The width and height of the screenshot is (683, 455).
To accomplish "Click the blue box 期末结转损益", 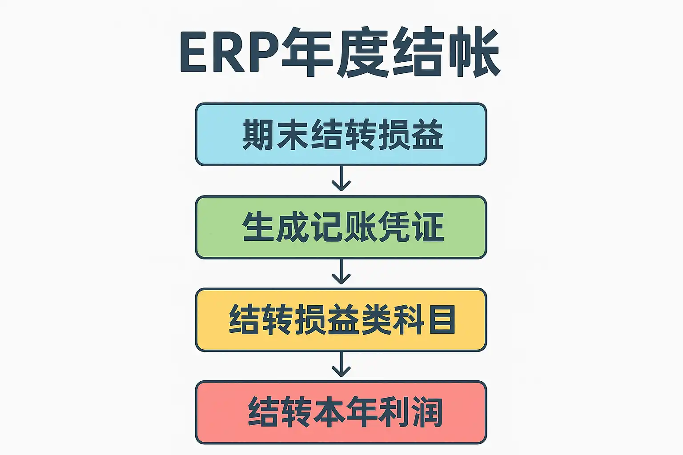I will coord(341,134).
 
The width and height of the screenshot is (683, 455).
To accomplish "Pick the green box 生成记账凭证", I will coord(341,227).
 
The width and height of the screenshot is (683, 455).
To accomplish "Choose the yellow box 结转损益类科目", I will coord(341,319).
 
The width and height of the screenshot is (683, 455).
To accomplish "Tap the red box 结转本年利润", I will coord(341,412).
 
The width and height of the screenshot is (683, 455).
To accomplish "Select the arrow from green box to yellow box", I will coord(341,272).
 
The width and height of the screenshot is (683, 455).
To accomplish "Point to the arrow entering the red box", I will coord(341,365).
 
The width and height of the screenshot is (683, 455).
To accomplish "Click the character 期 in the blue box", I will coord(259,135).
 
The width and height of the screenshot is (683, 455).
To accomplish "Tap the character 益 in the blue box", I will coord(427,135).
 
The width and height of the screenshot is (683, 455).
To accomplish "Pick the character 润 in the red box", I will coord(427,412).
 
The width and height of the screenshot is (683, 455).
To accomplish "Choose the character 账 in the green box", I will coord(359,227).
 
